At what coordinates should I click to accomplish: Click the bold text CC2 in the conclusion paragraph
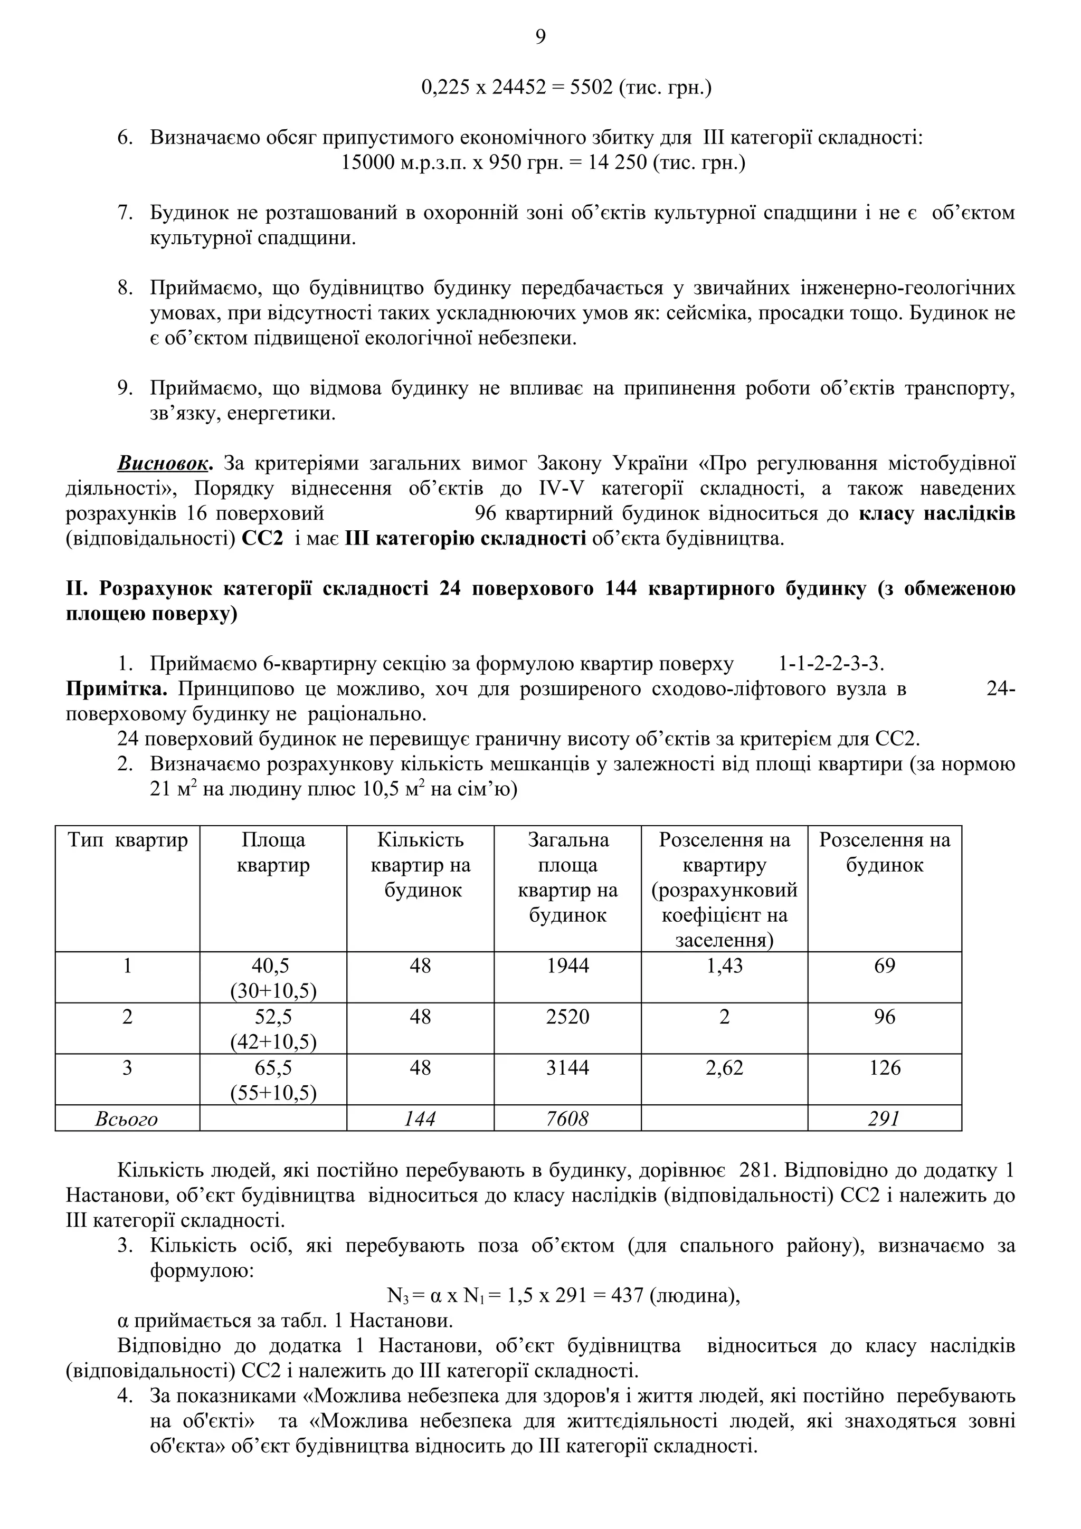(x=262, y=538)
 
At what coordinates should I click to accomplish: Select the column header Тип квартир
(x=127, y=840)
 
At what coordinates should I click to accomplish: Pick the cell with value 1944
(x=567, y=966)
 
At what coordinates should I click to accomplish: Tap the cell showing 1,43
(x=724, y=966)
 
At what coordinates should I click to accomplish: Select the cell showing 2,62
(x=724, y=1067)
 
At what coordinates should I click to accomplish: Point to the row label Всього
(x=127, y=1119)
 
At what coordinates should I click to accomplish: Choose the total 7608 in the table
(x=567, y=1119)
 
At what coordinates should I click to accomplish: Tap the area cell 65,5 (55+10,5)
(x=273, y=1079)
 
